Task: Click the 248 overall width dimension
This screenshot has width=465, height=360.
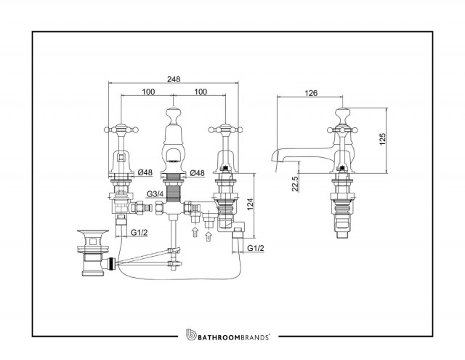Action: [174, 79]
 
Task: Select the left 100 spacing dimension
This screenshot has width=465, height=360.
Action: [148, 92]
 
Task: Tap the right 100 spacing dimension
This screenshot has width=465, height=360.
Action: [201, 92]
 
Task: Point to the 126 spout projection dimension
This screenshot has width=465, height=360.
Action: [311, 93]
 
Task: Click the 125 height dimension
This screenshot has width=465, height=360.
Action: [383, 139]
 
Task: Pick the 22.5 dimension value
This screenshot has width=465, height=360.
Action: [295, 184]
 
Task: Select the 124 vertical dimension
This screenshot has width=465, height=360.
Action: [250, 205]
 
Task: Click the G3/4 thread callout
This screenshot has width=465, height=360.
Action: [155, 194]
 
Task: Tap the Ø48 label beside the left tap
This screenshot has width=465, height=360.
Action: [145, 172]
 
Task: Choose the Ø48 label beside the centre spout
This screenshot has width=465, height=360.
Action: [197, 173]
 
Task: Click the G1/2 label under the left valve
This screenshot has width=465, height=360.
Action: [139, 233]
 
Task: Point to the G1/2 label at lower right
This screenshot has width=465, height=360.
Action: [255, 248]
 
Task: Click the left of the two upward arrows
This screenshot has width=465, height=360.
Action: [195, 232]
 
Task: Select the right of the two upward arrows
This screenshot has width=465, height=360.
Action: [209, 236]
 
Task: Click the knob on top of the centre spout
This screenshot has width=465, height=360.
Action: [174, 113]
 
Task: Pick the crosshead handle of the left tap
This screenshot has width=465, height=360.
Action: [121, 129]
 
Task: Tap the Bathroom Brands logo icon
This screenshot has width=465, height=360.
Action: [191, 335]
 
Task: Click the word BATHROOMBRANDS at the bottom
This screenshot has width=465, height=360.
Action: [233, 337]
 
